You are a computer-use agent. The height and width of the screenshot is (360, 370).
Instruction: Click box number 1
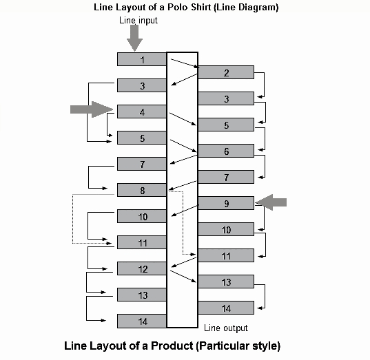[x=142, y=59]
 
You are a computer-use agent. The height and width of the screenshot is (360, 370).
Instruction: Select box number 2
[x=226, y=72]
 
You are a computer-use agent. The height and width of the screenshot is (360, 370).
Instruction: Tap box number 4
[x=142, y=112]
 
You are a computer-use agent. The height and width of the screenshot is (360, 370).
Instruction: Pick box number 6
[x=226, y=151]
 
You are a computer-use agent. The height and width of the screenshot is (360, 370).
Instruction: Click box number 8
[x=142, y=190]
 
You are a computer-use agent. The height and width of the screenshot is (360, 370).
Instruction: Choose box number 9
[x=226, y=203]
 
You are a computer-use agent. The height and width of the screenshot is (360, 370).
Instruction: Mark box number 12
[x=142, y=268]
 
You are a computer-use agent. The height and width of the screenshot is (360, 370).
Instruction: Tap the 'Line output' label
[x=226, y=328]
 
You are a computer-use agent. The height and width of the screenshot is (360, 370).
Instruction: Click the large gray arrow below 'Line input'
[x=135, y=39]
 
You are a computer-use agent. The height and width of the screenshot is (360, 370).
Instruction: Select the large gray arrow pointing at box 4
[x=92, y=109]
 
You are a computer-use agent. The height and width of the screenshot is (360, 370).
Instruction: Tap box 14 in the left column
[x=142, y=321]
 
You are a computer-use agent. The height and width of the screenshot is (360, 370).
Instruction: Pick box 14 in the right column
[x=226, y=308]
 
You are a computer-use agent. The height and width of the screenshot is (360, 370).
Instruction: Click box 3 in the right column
[x=226, y=98]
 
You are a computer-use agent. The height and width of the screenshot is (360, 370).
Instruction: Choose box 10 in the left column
[x=142, y=216]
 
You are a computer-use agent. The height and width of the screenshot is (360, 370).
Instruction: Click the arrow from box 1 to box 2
[x=185, y=64]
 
